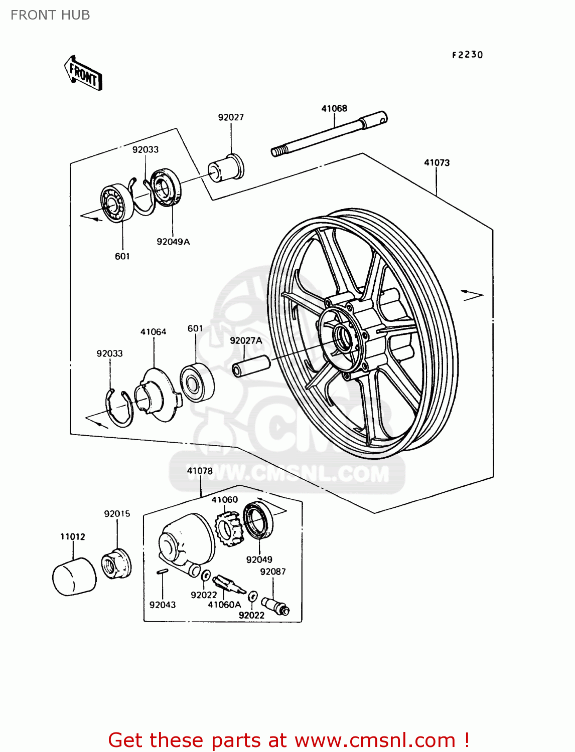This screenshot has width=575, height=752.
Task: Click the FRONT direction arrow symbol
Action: click(x=83, y=73)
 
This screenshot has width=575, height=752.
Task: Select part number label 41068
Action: click(x=334, y=108)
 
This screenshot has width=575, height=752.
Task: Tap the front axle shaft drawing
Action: click(x=329, y=134)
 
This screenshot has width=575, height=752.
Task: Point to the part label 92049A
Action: click(x=173, y=242)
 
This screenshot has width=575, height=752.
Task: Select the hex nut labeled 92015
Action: click(x=116, y=564)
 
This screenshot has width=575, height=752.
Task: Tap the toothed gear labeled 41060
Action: click(x=228, y=528)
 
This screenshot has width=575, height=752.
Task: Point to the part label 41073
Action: click(x=437, y=162)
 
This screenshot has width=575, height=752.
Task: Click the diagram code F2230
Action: click(x=467, y=55)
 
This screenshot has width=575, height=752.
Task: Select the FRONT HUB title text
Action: click(x=50, y=15)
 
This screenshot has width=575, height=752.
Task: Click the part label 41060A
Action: click(x=224, y=605)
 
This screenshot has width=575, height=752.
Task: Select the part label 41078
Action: click(x=200, y=471)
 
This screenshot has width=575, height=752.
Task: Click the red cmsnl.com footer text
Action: click(x=289, y=740)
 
